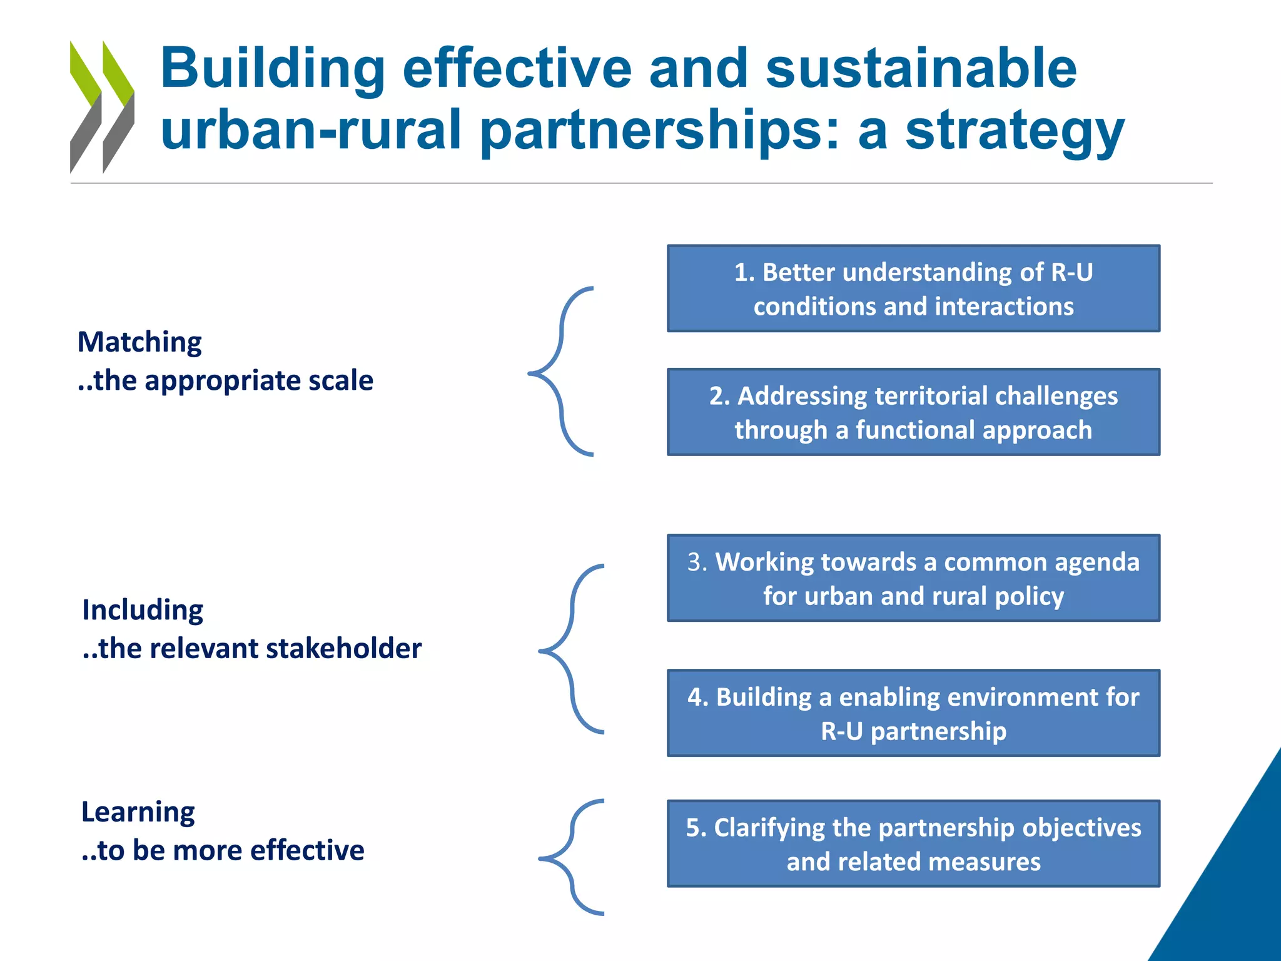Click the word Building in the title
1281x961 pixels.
[273, 69]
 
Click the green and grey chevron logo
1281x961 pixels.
[102, 106]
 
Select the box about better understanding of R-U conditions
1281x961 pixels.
[913, 288]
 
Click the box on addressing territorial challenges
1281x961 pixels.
[913, 412]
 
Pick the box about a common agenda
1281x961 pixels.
[913, 578]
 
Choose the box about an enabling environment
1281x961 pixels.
[913, 713]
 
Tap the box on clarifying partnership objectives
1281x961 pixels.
[913, 843]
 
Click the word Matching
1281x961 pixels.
[139, 343]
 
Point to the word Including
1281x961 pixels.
[143, 611]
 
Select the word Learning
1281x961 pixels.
[138, 813]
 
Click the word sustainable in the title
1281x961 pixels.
[921, 69]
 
